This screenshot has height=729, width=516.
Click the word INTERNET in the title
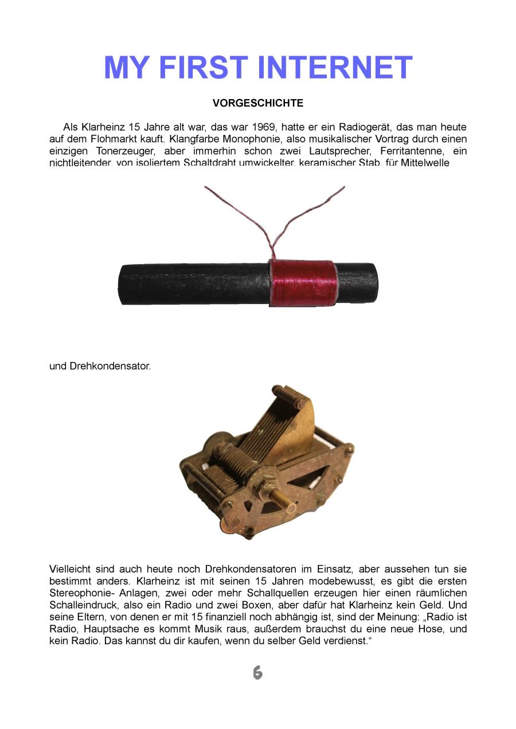point(335,68)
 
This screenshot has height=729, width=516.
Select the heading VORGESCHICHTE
point(257,104)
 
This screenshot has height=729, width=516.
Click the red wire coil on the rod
point(302,283)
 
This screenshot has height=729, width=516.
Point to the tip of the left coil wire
point(206,187)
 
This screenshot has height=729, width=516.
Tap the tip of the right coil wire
point(344,187)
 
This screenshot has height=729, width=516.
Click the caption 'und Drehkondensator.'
point(100,365)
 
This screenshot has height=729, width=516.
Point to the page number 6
point(257,673)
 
